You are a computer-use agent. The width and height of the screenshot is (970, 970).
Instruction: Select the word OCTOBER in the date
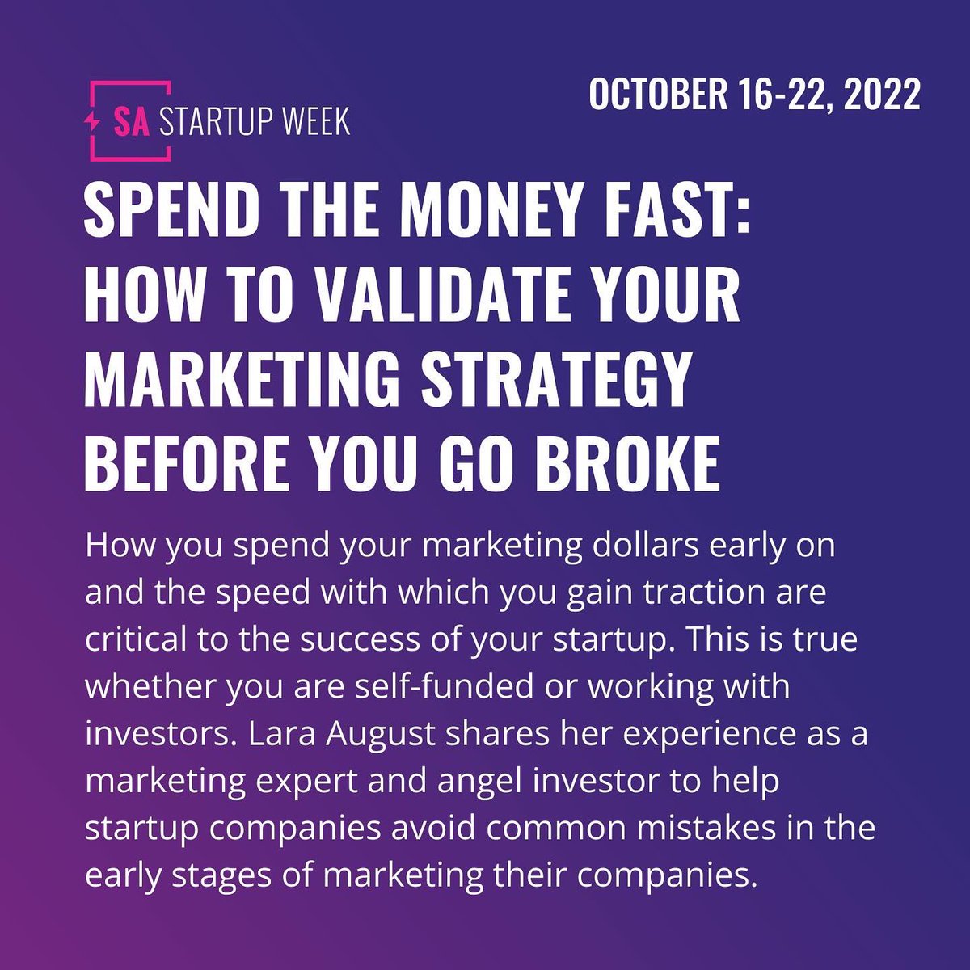tap(658, 94)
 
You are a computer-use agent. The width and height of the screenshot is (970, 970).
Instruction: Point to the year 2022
tap(883, 94)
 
